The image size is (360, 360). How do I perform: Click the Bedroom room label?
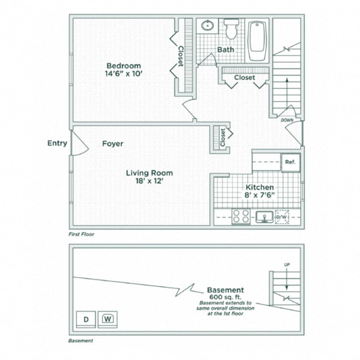(x=123, y=66)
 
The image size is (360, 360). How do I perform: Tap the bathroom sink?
(x=207, y=25)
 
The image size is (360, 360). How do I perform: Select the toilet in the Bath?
(x=231, y=29)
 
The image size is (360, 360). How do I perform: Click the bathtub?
(x=258, y=40)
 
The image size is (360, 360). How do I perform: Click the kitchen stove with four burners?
(x=241, y=217)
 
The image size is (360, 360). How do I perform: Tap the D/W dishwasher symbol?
(x=282, y=217)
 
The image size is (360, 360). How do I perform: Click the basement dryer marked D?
(x=85, y=319)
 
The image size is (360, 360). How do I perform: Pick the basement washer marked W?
(x=108, y=319)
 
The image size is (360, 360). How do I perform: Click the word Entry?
(x=57, y=144)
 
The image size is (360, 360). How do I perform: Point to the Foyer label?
(x=112, y=144)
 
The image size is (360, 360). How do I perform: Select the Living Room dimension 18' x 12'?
(x=149, y=181)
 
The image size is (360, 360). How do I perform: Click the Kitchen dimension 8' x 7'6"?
(x=259, y=195)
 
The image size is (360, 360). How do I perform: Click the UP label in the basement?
(x=287, y=265)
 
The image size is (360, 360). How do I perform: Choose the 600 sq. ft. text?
(x=225, y=297)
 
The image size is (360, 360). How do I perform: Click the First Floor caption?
(x=81, y=234)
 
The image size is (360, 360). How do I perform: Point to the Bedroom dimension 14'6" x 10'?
(x=123, y=74)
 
